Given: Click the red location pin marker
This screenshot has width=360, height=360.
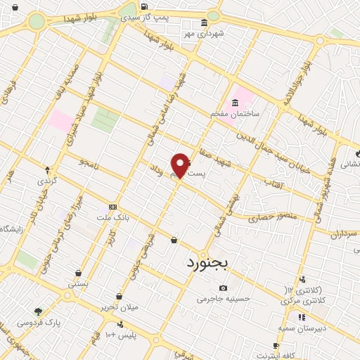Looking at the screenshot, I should pyautogui.click(x=181, y=165).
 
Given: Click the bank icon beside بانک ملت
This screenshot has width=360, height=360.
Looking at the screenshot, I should pyautogui.click(x=113, y=207).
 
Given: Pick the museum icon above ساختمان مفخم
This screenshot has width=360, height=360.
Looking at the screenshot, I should pyautogui.click(x=235, y=103).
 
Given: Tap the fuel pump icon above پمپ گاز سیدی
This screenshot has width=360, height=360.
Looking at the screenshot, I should pyautogui.click(x=131, y=9).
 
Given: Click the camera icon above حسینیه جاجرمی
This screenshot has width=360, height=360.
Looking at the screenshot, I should pyautogui.click(x=224, y=288).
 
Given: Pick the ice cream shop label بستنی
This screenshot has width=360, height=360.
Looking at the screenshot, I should pyautogui.click(x=77, y=284).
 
